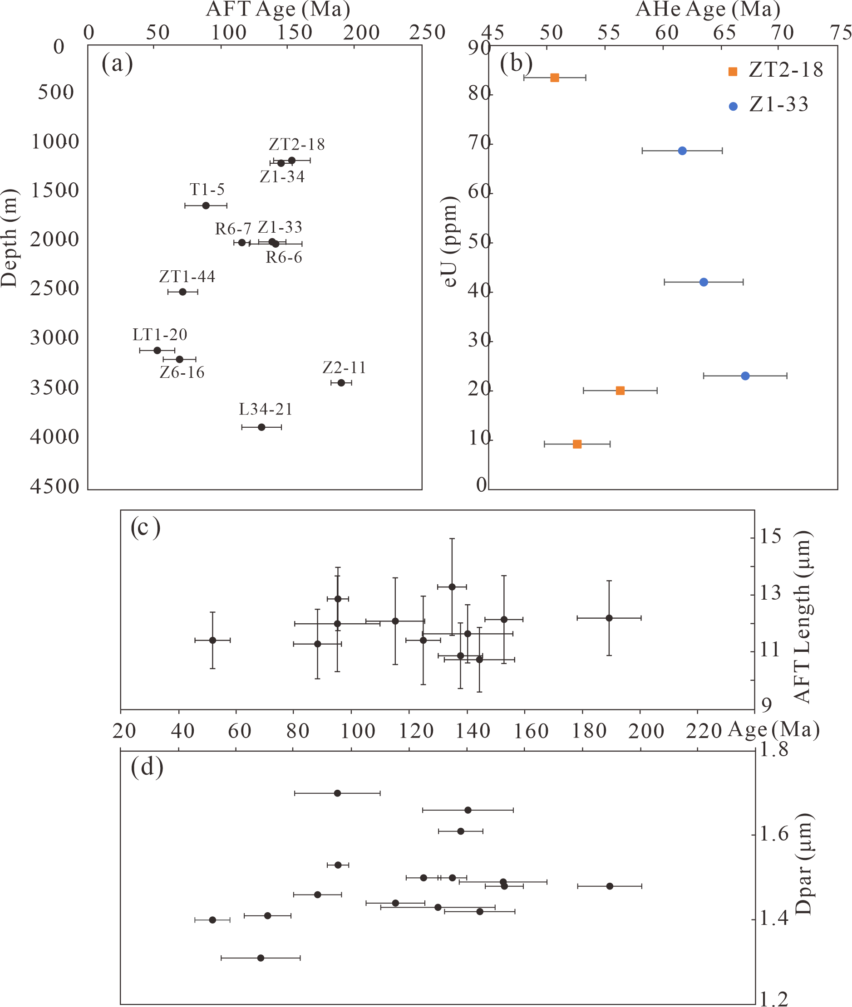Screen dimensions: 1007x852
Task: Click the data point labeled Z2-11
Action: pyautogui.click(x=341, y=383)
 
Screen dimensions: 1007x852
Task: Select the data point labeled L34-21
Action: pyautogui.click(x=261, y=427)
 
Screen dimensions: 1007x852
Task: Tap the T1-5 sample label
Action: pyautogui.click(x=207, y=190)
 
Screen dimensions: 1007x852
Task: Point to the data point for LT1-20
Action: pyautogui.click(x=157, y=351)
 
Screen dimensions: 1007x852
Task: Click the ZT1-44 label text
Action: pyautogui.click(x=187, y=277)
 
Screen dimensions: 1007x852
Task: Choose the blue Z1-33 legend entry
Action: pyautogui.click(x=768, y=105)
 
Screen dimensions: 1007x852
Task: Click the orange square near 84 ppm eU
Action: pyautogui.click(x=555, y=78)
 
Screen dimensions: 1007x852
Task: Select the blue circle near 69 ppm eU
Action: pyautogui.click(x=682, y=151)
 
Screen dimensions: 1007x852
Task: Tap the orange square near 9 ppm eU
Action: pyautogui.click(x=576, y=444)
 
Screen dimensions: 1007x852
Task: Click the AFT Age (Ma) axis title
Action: pyautogui.click(x=278, y=10)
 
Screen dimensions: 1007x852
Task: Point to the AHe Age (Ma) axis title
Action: pyautogui.click(x=708, y=10)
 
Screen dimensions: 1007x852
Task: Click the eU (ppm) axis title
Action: pyautogui.click(x=450, y=241)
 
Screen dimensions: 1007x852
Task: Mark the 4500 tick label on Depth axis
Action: pyautogui.click(x=54, y=487)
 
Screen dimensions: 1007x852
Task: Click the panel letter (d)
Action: pyautogui.click(x=147, y=767)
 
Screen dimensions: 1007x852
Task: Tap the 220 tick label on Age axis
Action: pyautogui.click(x=703, y=731)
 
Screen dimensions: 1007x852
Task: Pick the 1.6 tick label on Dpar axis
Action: pyautogui.click(x=774, y=834)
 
